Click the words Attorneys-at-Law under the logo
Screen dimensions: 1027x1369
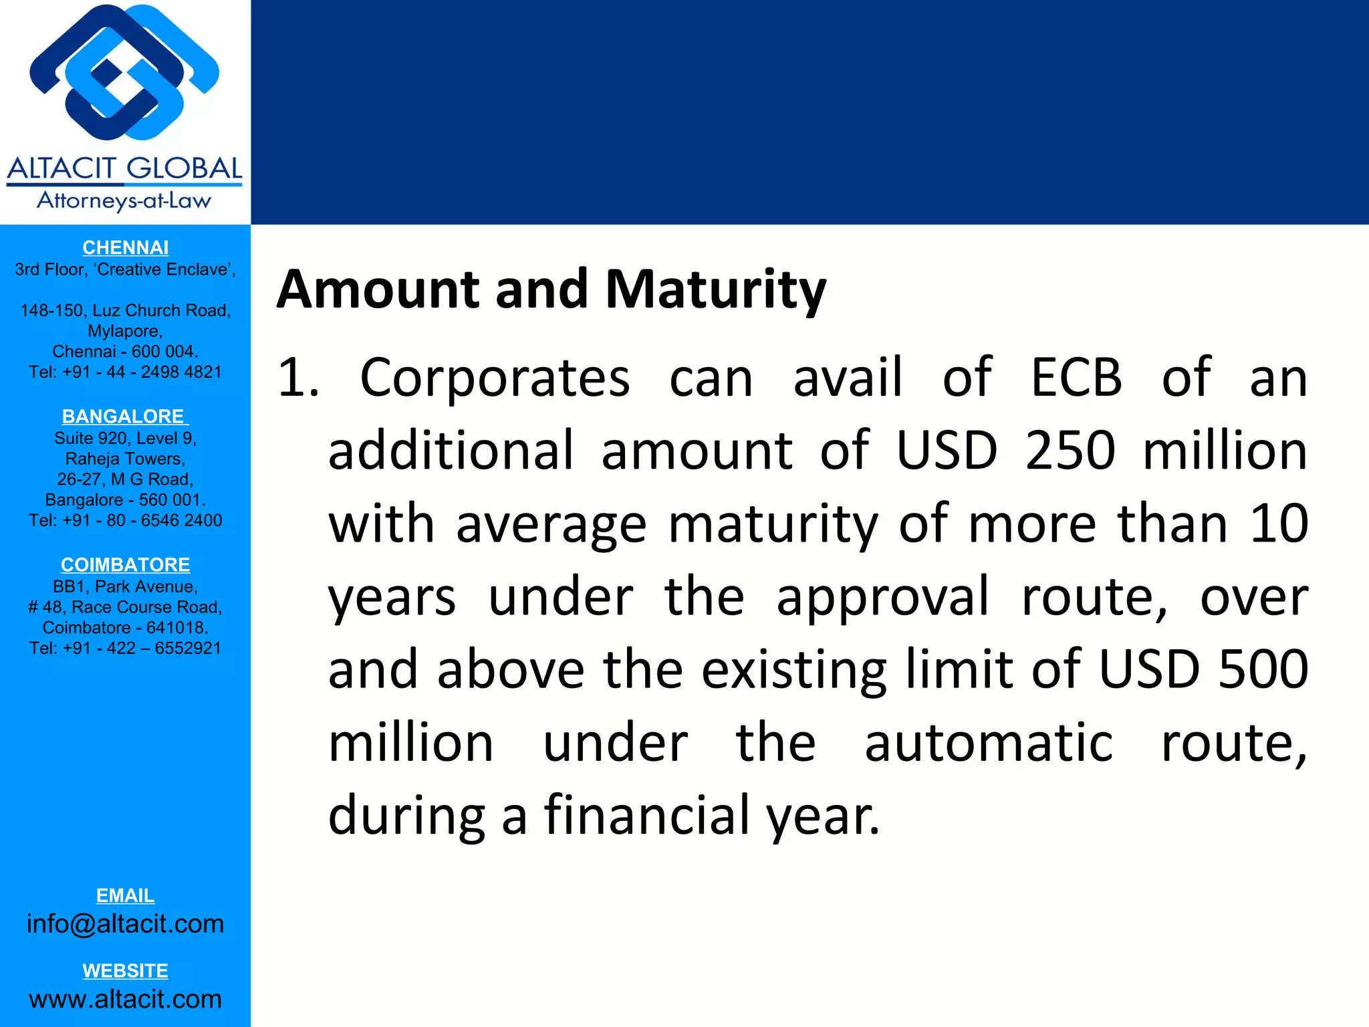point(124,201)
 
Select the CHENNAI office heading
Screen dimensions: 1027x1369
point(125,247)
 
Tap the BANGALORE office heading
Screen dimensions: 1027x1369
point(124,416)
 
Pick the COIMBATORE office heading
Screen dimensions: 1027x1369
point(125,564)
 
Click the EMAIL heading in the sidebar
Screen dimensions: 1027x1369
point(125,895)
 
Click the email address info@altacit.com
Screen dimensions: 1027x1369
point(125,923)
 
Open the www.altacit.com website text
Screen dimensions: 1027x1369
point(125,999)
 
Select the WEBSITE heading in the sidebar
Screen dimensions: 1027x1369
point(125,970)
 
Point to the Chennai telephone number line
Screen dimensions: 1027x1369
point(125,372)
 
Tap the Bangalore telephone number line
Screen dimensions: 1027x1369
point(125,520)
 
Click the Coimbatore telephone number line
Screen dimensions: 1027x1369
point(125,648)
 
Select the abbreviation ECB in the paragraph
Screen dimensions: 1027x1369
point(1076,378)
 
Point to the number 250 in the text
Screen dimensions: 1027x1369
point(1070,451)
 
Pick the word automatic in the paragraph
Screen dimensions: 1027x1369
point(989,743)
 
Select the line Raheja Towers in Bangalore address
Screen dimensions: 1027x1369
point(125,459)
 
